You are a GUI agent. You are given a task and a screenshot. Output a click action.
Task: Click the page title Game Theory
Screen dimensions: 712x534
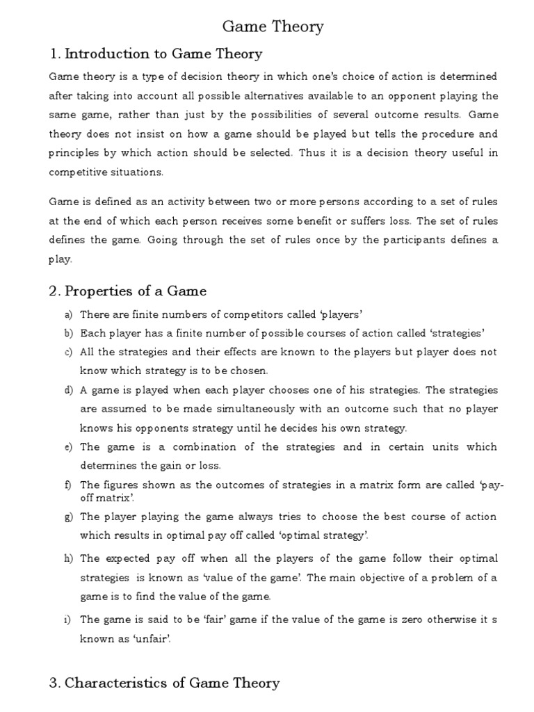click(x=273, y=26)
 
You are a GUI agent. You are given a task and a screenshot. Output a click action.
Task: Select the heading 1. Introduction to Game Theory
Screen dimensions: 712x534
click(x=156, y=54)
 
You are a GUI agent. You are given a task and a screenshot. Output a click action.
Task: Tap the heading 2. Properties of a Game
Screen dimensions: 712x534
click(x=127, y=291)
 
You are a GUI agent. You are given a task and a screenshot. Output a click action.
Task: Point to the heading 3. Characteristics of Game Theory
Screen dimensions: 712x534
click(x=164, y=682)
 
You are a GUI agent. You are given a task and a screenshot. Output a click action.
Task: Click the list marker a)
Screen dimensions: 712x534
click(x=69, y=314)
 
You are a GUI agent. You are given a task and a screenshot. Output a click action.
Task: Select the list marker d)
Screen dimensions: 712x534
click(x=69, y=390)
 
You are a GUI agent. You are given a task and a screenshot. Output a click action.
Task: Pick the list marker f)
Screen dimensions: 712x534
click(x=69, y=485)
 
